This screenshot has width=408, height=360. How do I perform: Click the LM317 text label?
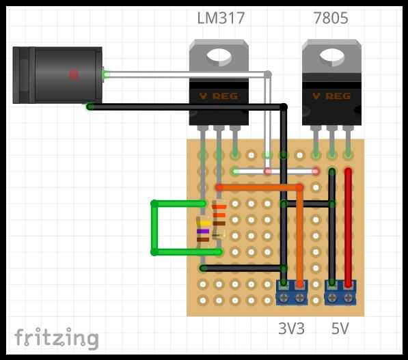point(221,18)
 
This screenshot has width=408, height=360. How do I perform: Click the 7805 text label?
point(331,18)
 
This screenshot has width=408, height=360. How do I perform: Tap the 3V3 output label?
point(291,329)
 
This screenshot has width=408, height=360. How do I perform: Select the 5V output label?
point(340,329)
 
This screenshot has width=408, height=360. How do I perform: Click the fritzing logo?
point(57,338)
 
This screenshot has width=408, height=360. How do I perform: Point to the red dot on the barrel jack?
point(73,75)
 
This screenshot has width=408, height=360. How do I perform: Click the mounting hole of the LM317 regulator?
point(219,57)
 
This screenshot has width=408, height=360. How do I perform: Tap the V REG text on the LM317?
point(219,96)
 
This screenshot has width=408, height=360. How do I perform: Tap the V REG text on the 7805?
point(331,96)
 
